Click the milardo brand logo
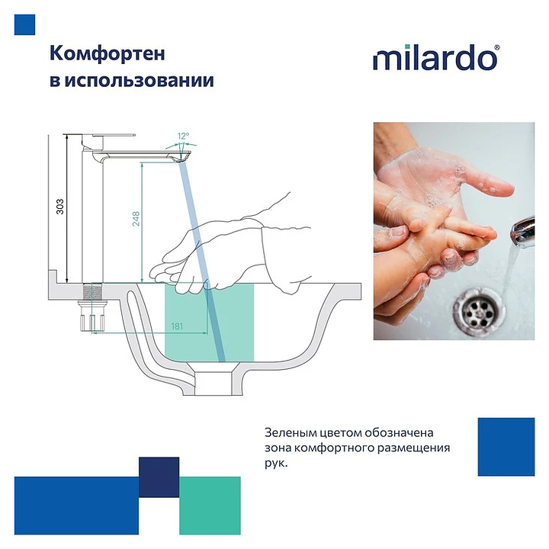pyautogui.click(x=436, y=57)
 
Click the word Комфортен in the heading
pyautogui.click(x=108, y=54)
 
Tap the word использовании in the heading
pyautogui.click(x=140, y=81)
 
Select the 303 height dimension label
pyautogui.click(x=60, y=207)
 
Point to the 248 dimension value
pyautogui.click(x=136, y=219)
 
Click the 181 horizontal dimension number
pyautogui.click(x=177, y=326)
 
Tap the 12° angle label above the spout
pyautogui.click(x=183, y=136)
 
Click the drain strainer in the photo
pyautogui.click(x=479, y=307)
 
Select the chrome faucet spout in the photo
pyautogui.click(x=524, y=230)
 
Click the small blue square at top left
pyautogui.click(x=24, y=24)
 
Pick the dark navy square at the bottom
pyautogui.click(x=159, y=477)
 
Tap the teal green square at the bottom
pyautogui.click(x=210, y=506)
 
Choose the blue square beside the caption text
pyautogui.click(x=506, y=447)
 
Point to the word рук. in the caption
pyautogui.click(x=276, y=464)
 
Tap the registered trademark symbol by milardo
pyautogui.click(x=497, y=47)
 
